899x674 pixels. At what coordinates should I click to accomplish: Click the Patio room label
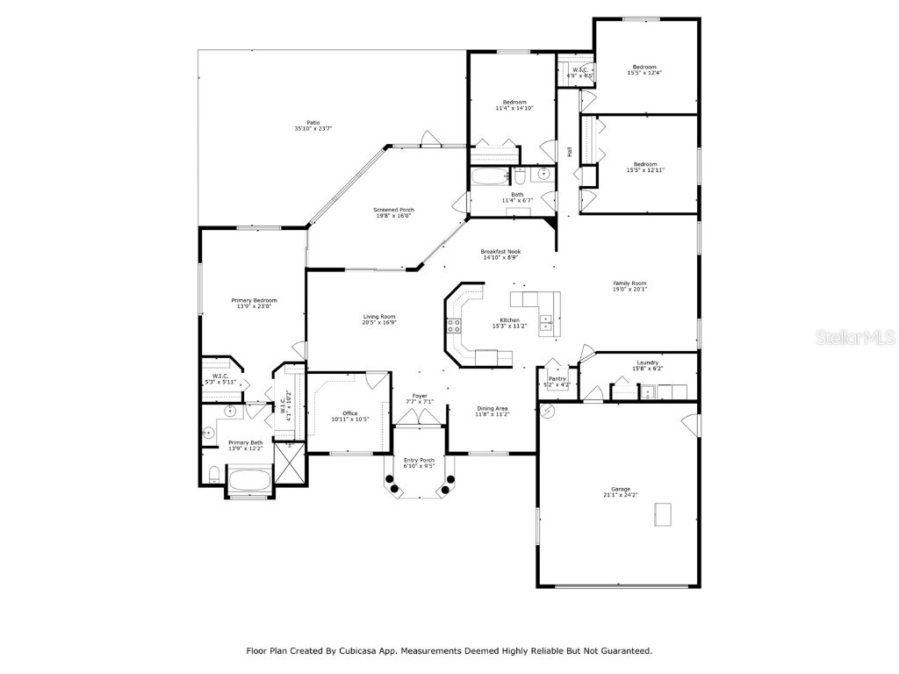[313, 123]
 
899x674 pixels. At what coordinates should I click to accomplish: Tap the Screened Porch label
[393, 210]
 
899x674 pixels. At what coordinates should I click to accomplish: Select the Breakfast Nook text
[500, 252]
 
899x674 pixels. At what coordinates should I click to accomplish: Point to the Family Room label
[629, 283]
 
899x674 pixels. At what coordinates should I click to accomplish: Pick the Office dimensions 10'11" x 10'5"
[349, 419]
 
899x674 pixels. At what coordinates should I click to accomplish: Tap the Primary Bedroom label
[254, 300]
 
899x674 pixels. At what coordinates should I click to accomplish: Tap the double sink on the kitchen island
[546, 324]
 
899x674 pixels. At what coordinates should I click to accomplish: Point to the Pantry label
[557, 379]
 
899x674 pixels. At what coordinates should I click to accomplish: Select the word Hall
[570, 152]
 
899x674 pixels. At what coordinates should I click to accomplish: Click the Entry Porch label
[419, 460]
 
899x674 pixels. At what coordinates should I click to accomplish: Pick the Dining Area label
[493, 408]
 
